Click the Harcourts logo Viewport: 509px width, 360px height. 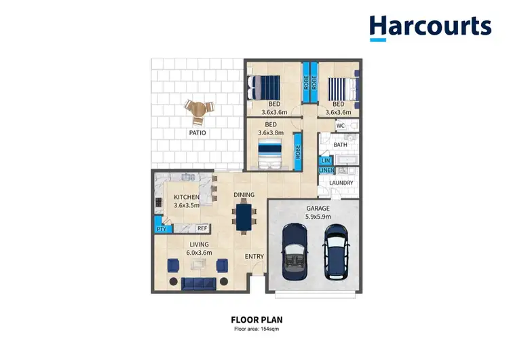[x=430, y=27]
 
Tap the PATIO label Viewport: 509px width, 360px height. [x=197, y=133]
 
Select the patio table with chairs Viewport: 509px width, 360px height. [x=197, y=111]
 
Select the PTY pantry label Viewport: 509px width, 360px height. [x=161, y=230]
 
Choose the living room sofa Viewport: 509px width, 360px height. [x=198, y=282]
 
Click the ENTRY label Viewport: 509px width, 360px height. [x=254, y=256]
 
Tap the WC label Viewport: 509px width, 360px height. [x=341, y=126]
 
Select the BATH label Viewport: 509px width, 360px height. [x=340, y=145]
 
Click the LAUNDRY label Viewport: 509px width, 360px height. [x=341, y=183]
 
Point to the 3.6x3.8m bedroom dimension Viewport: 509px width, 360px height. [x=271, y=133]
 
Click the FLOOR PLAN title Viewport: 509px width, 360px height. [x=256, y=319]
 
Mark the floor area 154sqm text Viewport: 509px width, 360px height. [x=256, y=329]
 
